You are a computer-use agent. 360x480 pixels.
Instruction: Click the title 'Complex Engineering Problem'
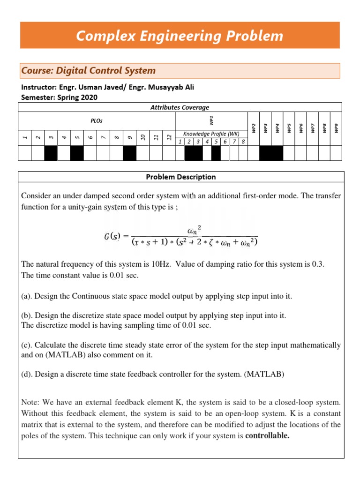pos(180,36)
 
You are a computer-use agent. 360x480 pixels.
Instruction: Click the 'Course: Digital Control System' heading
pos(88,71)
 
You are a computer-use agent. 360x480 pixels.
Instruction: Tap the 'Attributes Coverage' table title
pos(180,107)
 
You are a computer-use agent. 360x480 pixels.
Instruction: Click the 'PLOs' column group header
pos(96,120)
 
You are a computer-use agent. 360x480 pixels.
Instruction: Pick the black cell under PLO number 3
pos(50,153)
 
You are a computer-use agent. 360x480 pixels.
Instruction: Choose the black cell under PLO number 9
pos(129,153)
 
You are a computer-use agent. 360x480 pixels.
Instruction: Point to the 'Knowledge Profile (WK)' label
pos(211,134)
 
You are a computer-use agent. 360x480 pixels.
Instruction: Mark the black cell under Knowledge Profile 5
pos(216,153)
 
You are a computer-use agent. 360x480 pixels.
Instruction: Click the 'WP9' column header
pos(336,128)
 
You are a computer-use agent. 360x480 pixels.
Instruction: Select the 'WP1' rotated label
pos(211,120)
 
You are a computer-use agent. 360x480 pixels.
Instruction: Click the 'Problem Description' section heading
pos(181,177)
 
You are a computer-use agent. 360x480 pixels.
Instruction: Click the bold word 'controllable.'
pos(267,436)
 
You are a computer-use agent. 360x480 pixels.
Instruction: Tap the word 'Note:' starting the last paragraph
pos(30,402)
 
